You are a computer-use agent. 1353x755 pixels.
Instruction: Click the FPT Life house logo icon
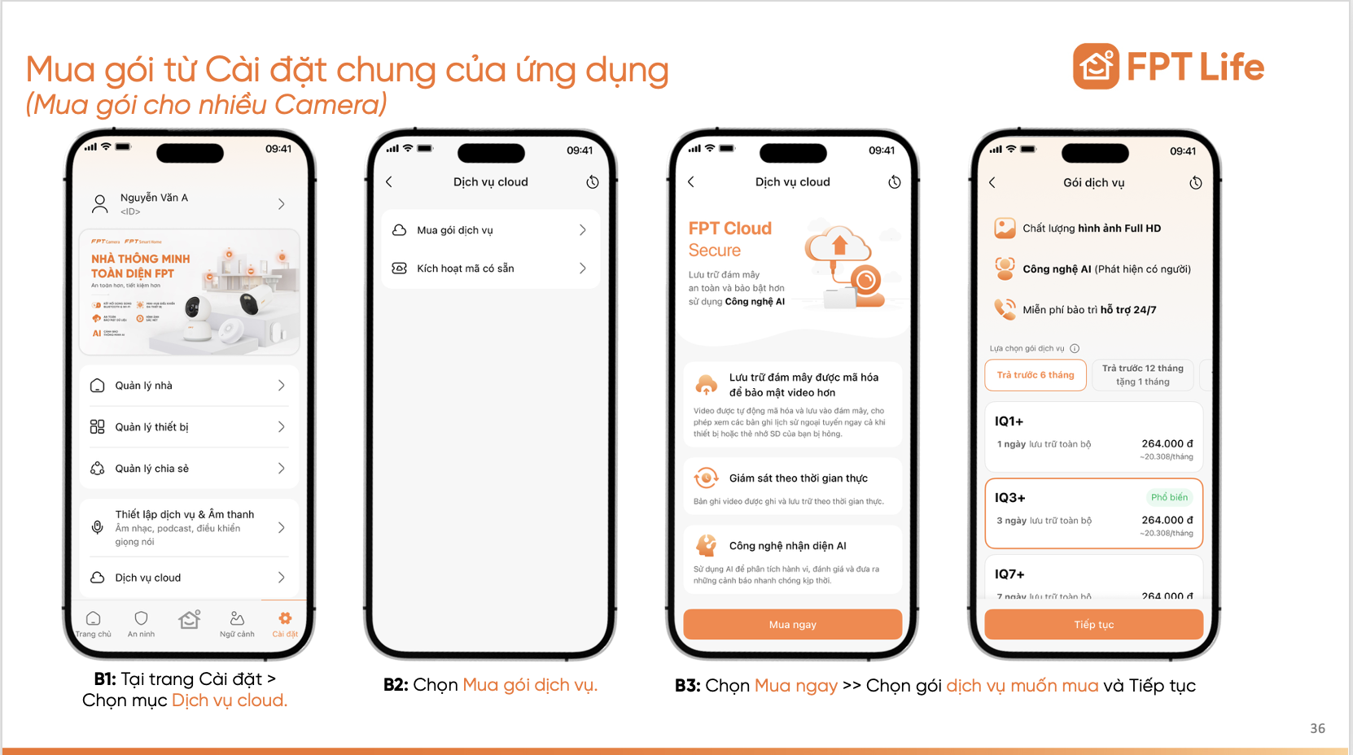click(1096, 67)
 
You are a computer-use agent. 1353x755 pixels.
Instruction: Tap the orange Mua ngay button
click(792, 624)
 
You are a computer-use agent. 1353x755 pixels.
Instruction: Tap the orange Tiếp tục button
click(1093, 624)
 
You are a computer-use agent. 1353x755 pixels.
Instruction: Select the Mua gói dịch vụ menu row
click(490, 230)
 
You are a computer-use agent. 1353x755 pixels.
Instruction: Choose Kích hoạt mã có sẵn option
click(490, 268)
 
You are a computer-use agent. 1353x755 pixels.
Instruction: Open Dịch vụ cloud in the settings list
click(189, 578)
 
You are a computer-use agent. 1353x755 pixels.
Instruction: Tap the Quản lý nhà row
click(189, 386)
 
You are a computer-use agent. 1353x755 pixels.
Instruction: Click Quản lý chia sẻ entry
click(189, 469)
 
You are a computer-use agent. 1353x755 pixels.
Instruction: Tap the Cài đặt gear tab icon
click(285, 619)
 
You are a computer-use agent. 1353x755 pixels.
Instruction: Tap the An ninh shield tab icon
click(141, 619)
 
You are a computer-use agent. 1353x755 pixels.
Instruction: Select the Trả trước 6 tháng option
click(1036, 375)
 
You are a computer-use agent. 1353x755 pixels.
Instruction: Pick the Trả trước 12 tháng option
click(1142, 374)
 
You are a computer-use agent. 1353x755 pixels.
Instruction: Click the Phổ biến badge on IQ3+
click(1169, 497)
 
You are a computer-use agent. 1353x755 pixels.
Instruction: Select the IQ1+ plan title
click(1009, 421)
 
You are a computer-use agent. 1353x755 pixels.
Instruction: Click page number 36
click(1317, 728)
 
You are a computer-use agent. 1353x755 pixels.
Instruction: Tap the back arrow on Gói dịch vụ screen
click(992, 183)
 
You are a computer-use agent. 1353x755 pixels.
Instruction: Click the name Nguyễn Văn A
click(154, 198)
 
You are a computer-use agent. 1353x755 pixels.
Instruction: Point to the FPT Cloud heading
click(729, 229)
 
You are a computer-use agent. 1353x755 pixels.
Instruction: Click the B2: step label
click(396, 685)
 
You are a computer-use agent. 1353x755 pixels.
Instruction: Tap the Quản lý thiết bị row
click(189, 427)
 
